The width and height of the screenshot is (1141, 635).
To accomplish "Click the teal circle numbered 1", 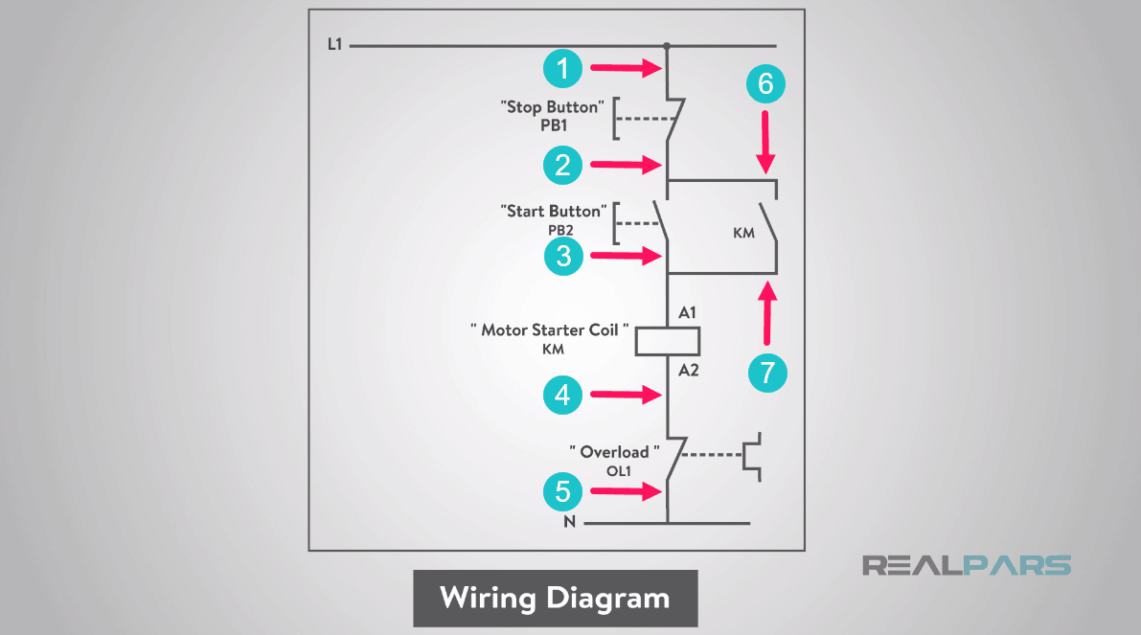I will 563,68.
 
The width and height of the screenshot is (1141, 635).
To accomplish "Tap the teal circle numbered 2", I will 563,166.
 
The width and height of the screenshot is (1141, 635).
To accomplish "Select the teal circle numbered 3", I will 563,256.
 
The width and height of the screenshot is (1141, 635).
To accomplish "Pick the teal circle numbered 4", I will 563,395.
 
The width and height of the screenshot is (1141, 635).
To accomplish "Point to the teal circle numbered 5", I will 563,491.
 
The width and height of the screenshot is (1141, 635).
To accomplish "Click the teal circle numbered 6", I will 765,84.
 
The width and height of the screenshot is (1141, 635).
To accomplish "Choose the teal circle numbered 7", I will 766,372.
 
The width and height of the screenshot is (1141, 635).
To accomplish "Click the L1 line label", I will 334,44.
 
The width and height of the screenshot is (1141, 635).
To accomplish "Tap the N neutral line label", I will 569,523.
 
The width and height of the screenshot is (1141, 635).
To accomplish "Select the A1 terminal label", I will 688,313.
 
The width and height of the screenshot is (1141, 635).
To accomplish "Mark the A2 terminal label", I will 688,370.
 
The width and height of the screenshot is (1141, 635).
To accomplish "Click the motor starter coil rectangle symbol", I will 668,341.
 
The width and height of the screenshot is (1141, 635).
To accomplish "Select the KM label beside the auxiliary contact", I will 743,233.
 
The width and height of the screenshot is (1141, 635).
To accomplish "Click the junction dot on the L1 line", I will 667,45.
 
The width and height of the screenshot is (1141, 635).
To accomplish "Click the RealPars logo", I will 966,565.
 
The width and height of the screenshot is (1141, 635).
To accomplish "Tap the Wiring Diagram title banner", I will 555,599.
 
